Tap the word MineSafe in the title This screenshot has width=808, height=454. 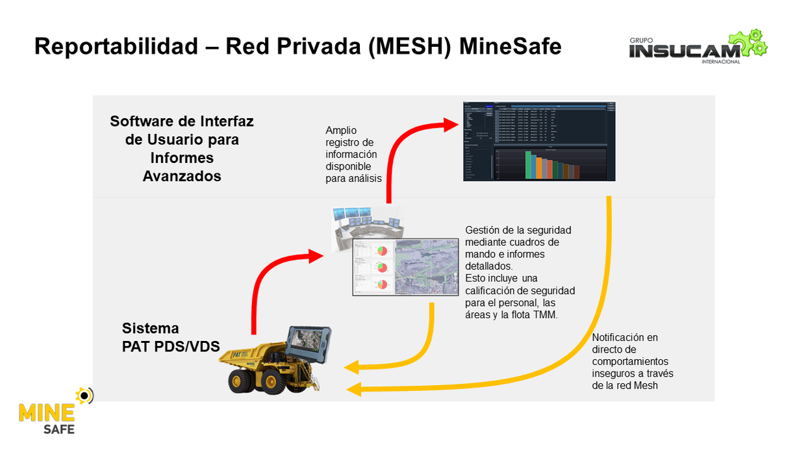pyautogui.click(x=510, y=46)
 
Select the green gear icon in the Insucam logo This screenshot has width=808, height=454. pyautogui.click(x=752, y=42)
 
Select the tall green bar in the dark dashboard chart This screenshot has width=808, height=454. pyautogui.click(x=528, y=165)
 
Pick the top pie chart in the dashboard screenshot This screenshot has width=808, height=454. pyautogui.click(x=382, y=251)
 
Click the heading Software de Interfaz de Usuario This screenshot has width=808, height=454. pyautogui.click(x=182, y=130)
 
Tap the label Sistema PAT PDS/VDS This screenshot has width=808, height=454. pyautogui.click(x=170, y=337)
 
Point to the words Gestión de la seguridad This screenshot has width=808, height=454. pyautogui.click(x=518, y=230)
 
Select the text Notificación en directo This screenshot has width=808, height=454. pyautogui.click(x=625, y=344)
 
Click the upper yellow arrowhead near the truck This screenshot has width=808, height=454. pyautogui.click(x=352, y=368)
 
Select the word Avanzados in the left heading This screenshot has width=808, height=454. pyautogui.click(x=182, y=176)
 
